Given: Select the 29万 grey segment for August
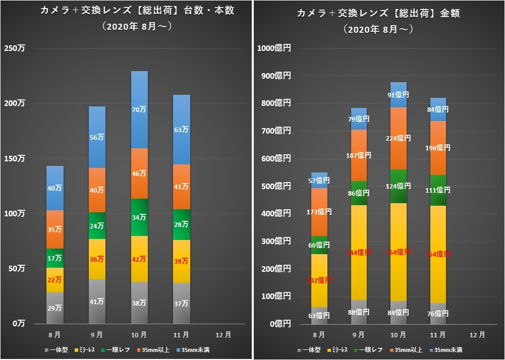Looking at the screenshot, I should click(55, 308).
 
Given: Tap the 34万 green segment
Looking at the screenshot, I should click(139, 217).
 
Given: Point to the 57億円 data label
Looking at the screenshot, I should click(319, 180).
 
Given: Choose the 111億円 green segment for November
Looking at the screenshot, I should click(438, 190).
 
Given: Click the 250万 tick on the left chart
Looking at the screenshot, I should click(15, 48).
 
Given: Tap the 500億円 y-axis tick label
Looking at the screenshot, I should click(276, 186).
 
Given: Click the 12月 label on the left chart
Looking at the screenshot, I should click(223, 334).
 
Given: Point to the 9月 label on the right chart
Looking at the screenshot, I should click(358, 334).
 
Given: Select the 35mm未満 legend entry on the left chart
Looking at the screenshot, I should click(194, 349).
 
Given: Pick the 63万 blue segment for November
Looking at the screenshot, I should click(182, 130).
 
